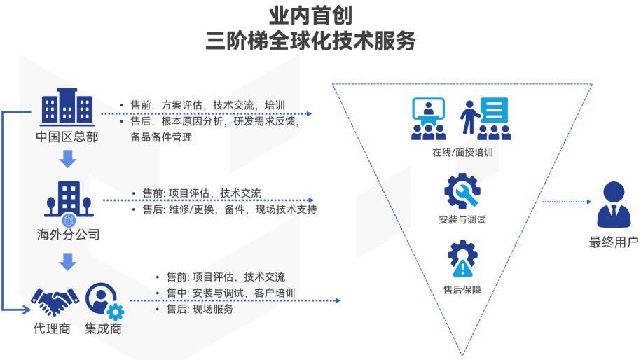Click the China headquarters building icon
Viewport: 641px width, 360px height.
pyautogui.click(x=67, y=106)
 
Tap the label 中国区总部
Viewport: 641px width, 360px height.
pyautogui.click(x=67, y=137)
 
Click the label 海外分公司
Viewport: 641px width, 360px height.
pyautogui.click(x=68, y=234)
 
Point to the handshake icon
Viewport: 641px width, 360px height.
pyautogui.click(x=55, y=302)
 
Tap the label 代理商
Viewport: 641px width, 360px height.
pyautogui.click(x=52, y=328)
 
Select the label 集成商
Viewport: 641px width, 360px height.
pyautogui.click(x=103, y=328)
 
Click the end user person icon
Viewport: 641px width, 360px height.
pyautogui.click(x=614, y=205)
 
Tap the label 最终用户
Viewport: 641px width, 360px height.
pyautogui.click(x=613, y=242)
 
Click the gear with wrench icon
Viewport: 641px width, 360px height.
pyautogui.click(x=462, y=191)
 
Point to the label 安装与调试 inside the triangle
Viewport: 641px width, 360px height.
pyautogui.click(x=462, y=219)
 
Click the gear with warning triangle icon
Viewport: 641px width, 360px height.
pyautogui.click(x=462, y=258)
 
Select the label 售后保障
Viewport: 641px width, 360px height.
pyautogui.click(x=462, y=290)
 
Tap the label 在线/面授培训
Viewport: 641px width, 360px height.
pyautogui.click(x=462, y=153)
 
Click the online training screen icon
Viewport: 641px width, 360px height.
pyautogui.click(x=429, y=119)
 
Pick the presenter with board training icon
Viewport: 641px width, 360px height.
pyautogui.click(x=485, y=119)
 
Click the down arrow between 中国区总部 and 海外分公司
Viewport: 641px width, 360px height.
pyautogui.click(x=68, y=159)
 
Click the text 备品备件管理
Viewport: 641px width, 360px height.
pyautogui.click(x=161, y=137)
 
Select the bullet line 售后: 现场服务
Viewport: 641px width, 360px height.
pyautogui.click(x=195, y=309)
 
